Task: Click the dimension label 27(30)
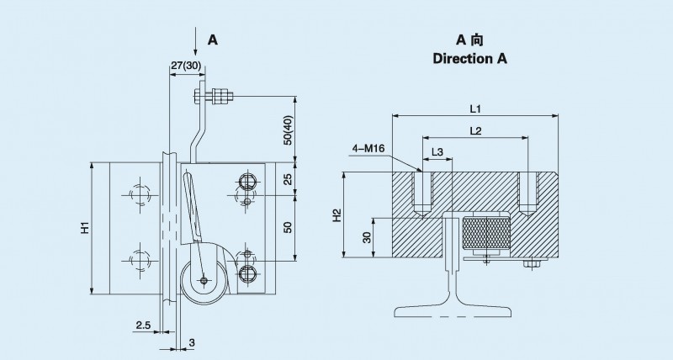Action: [185, 65]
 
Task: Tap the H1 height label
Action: [85, 229]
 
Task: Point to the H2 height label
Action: [337, 215]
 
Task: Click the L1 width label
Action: [474, 109]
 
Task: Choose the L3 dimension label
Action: [437, 152]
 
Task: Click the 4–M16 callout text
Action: [368, 149]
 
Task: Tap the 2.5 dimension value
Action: [144, 324]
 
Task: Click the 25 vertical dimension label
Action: [289, 179]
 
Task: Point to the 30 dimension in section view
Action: [367, 237]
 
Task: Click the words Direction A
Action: [470, 59]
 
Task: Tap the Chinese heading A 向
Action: [469, 40]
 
